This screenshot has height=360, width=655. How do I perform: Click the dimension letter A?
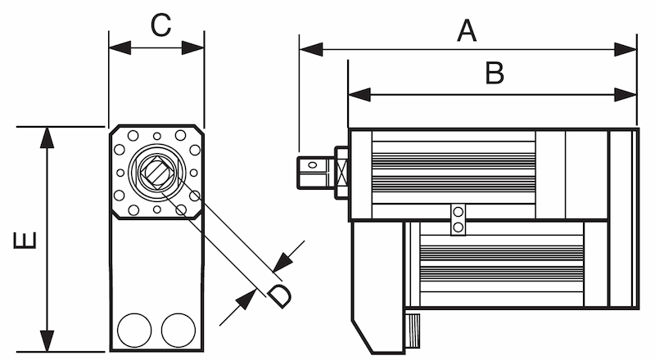(x=467, y=30)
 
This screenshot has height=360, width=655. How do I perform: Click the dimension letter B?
(x=495, y=73)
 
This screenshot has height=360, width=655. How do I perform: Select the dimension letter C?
(x=160, y=25)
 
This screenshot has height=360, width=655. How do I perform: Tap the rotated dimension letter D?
(x=279, y=295)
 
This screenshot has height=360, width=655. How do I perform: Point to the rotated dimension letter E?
(x=25, y=241)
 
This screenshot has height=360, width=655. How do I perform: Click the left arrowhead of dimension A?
(x=311, y=49)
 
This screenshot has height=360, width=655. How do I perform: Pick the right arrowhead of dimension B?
(x=626, y=94)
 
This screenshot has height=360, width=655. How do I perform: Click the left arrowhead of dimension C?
(x=120, y=47)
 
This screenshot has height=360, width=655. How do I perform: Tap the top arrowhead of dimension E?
(x=47, y=137)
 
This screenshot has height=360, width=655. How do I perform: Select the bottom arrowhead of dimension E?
(x=47, y=341)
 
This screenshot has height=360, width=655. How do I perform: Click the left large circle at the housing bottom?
(x=134, y=330)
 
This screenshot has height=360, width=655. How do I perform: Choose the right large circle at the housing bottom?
(x=178, y=330)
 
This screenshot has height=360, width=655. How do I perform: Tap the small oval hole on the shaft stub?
(x=313, y=165)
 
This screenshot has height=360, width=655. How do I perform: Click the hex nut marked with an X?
(x=342, y=172)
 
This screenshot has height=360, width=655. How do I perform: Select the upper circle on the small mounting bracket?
(x=458, y=212)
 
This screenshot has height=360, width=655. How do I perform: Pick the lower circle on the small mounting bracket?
(x=458, y=227)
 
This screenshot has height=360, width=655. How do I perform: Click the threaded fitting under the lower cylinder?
(x=413, y=331)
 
